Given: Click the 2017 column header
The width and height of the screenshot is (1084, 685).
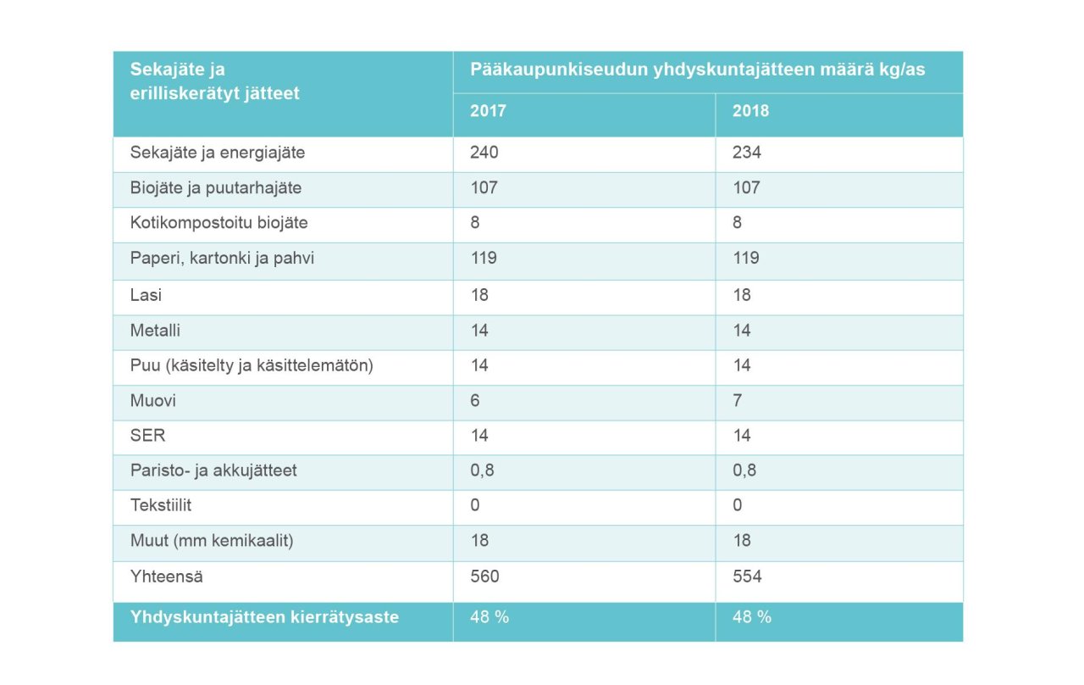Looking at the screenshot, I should click(x=488, y=111).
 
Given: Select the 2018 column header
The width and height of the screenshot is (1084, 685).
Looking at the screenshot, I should click(x=750, y=111).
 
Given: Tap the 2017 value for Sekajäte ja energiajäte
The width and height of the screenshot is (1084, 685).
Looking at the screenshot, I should click(x=484, y=153).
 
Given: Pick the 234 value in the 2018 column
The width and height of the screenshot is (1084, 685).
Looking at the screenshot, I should click(x=747, y=153).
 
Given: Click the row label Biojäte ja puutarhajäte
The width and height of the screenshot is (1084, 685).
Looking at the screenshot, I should click(x=216, y=187).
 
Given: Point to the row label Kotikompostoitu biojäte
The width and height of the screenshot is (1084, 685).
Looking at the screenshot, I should click(x=218, y=223).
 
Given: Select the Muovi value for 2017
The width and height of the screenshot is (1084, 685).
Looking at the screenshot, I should click(x=475, y=399).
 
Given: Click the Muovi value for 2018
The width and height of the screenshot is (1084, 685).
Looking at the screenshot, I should click(x=738, y=399).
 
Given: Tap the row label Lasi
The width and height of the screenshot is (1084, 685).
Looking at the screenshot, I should click(x=146, y=294).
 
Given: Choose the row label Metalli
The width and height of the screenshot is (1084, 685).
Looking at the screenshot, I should click(x=155, y=330).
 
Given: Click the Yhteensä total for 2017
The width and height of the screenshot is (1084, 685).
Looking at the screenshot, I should click(x=484, y=576).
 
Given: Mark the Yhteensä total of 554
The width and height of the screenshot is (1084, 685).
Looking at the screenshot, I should click(x=747, y=576).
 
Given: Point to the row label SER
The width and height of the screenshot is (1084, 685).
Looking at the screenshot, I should click(x=147, y=435).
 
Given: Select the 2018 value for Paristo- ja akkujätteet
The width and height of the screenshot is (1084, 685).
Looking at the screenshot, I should click(x=744, y=470).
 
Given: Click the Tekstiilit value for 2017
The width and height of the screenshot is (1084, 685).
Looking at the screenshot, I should click(x=475, y=505).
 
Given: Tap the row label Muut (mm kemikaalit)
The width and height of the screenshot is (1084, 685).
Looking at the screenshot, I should click(x=212, y=540).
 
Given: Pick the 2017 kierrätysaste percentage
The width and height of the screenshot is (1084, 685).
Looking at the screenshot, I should click(x=489, y=617).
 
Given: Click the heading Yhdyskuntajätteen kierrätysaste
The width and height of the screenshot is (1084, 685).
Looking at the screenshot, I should click(x=264, y=617).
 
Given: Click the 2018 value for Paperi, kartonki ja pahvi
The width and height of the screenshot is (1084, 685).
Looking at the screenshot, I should click(x=746, y=258).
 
